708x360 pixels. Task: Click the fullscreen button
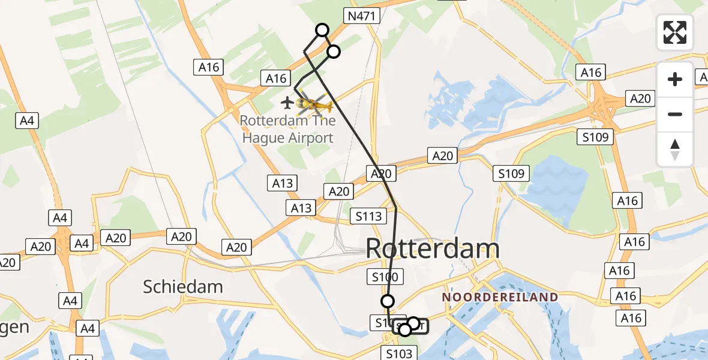[x=675, y=32]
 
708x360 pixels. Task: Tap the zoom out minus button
[x=675, y=114]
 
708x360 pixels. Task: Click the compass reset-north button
[x=675, y=149]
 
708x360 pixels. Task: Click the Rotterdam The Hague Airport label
[x=286, y=129]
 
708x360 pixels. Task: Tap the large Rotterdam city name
[x=432, y=248]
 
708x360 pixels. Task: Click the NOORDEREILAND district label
[x=500, y=297]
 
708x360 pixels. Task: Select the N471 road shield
[x=362, y=16]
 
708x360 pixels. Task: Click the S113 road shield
[x=369, y=216]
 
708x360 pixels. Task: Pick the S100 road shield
[x=385, y=277]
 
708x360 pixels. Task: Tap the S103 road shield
[x=399, y=354]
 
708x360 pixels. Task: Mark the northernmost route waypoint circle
[x=322, y=30]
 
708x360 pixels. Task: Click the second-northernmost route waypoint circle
[x=334, y=52]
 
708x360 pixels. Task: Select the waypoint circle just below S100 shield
[x=388, y=301]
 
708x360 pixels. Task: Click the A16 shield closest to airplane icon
[x=276, y=78]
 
